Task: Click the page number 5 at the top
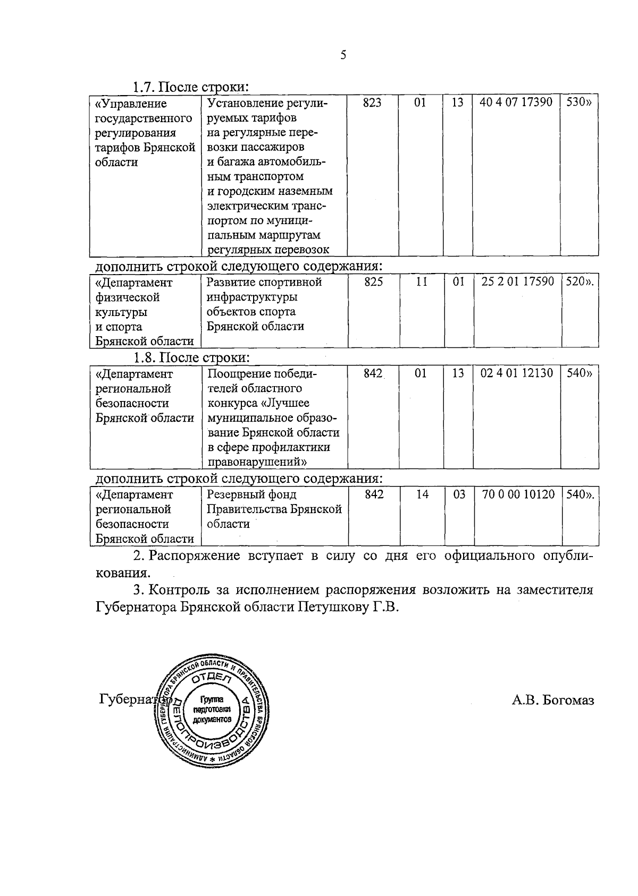(343, 55)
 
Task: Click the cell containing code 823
(372, 103)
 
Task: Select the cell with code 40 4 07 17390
(516, 103)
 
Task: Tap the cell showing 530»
(578, 103)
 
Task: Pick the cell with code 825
(373, 282)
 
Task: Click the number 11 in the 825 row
(421, 282)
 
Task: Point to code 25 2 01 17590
(517, 281)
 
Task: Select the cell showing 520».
(580, 282)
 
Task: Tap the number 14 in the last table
(422, 494)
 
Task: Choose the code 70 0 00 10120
(518, 494)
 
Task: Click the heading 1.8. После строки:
(191, 357)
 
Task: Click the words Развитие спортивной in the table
(264, 282)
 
